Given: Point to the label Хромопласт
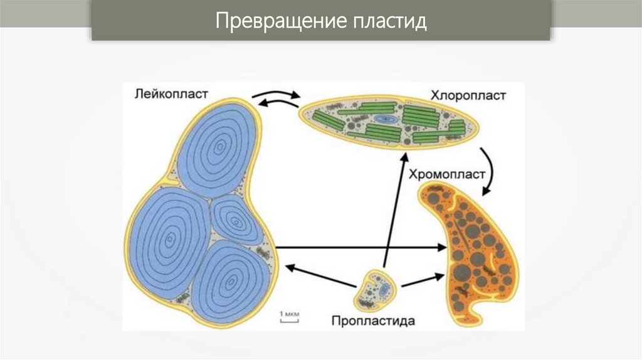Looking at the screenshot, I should pos(447,174).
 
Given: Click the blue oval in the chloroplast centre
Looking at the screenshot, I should pos(381,117).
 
